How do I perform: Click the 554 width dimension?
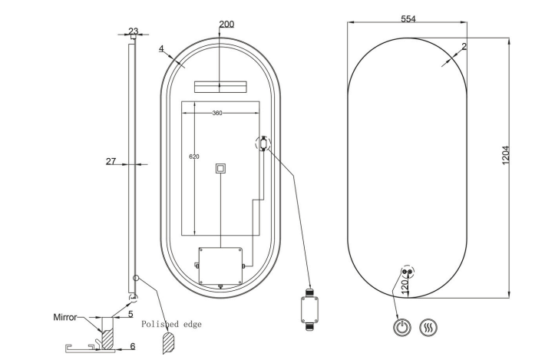[408, 18]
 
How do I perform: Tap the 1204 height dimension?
[505, 155]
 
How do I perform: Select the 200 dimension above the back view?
[226, 24]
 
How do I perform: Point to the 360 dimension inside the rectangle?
[217, 113]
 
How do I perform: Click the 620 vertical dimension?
[194, 157]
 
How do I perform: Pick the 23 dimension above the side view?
[133, 31]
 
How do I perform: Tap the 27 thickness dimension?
[111, 161]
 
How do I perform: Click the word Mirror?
[64, 317]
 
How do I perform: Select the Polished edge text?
[171, 324]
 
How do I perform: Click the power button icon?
[402, 328]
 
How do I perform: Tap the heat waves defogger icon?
[428, 328]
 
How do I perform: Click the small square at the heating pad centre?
[220, 169]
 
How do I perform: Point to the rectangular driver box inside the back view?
[220, 266]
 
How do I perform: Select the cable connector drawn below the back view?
[309, 310]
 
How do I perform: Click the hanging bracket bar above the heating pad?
[220, 87]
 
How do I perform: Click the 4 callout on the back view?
[161, 48]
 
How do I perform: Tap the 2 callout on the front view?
[464, 46]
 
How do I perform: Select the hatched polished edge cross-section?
[168, 342]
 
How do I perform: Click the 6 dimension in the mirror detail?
[133, 346]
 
